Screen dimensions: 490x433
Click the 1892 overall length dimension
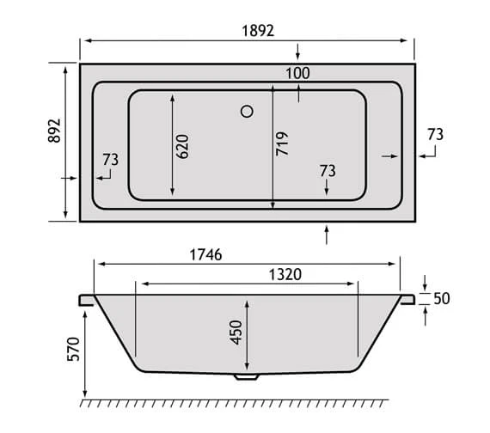[x=258, y=31]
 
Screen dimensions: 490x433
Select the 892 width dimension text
[x=54, y=131]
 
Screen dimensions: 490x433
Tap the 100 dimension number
[x=297, y=73]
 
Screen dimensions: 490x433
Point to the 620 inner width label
[x=182, y=147]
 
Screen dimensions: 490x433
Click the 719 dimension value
[x=282, y=143]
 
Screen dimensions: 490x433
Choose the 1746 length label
[x=206, y=254]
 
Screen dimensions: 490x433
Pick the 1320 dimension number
[x=285, y=275]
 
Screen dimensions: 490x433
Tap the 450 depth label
[x=236, y=332]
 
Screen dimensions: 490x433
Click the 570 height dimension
[x=74, y=349]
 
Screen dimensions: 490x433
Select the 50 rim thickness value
[x=442, y=299]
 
